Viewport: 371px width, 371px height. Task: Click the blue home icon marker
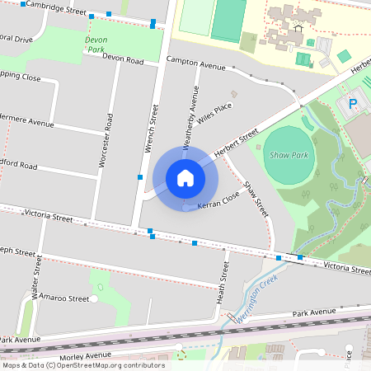[185, 177]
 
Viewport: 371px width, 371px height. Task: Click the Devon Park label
[96, 44]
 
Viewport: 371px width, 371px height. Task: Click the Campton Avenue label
[195, 63]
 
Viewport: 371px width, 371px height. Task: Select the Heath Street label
[221, 283]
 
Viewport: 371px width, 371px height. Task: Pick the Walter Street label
[36, 276]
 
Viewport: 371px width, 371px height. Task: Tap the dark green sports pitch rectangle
[228, 20]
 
